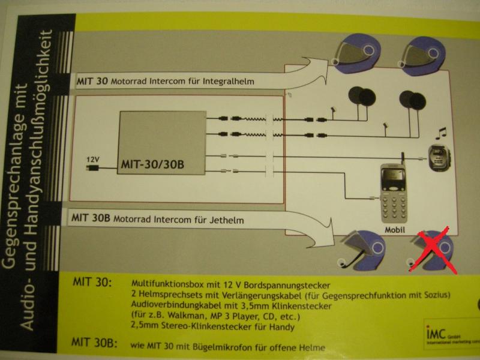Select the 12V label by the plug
92,160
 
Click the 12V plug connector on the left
92,169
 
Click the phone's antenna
402,158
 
